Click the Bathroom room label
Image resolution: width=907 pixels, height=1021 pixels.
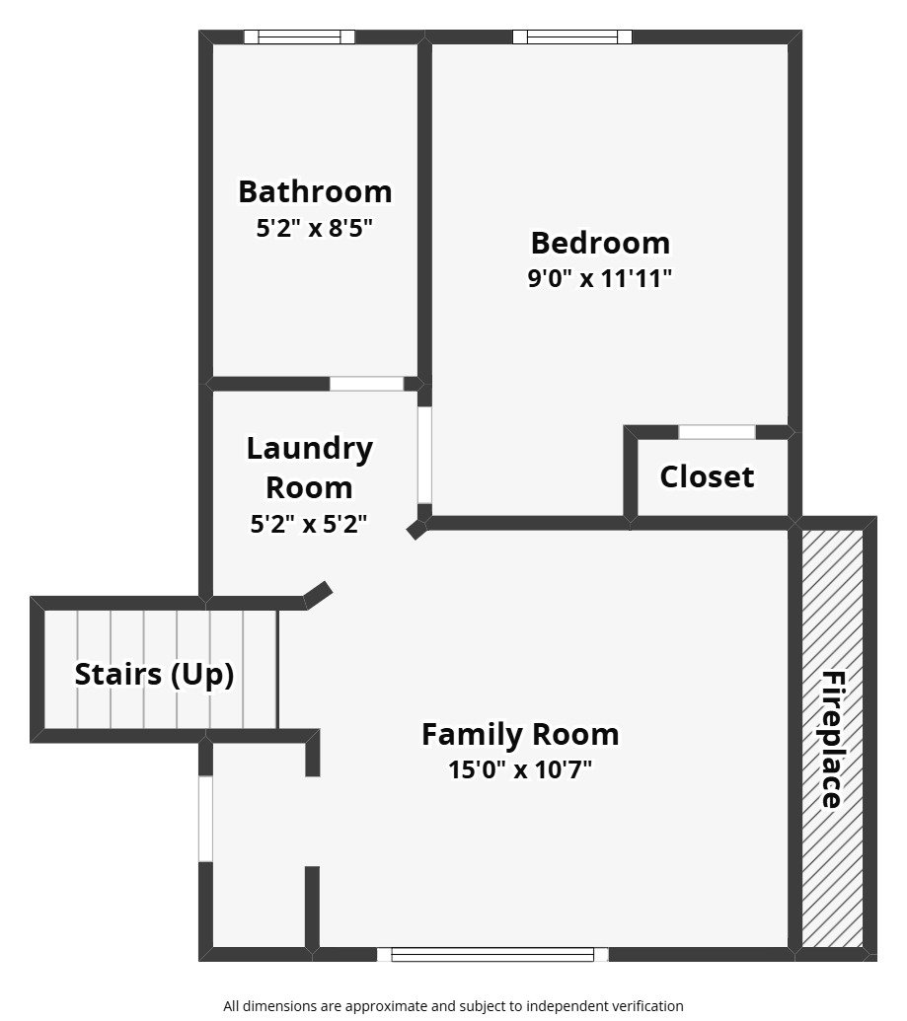pos(315,191)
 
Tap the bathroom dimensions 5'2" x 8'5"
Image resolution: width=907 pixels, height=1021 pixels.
pos(315,229)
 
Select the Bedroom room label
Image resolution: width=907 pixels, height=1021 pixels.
pos(600,243)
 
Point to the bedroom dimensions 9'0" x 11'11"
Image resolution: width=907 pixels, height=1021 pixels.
pos(600,279)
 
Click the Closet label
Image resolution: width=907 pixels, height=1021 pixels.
pos(707,477)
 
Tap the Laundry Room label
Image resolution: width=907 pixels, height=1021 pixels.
pos(309,468)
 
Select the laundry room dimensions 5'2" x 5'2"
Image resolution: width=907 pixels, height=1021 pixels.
pos(309,525)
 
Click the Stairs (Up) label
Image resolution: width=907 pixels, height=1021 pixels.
pos(155,676)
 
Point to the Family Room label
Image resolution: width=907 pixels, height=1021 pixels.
pos(520,735)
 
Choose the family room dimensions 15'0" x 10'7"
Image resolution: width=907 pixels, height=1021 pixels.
pos(520,770)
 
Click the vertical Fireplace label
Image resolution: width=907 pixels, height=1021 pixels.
pos(833,740)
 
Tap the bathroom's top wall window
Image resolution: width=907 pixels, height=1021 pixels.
pos(299,37)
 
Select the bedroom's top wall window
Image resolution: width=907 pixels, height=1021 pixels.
pos(572,37)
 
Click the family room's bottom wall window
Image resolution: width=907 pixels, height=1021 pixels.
pos(493,954)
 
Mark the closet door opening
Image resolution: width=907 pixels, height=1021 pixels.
pos(718,432)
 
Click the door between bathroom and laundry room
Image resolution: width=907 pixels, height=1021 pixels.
pos(367,384)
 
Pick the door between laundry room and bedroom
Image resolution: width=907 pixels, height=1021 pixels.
pos(424,455)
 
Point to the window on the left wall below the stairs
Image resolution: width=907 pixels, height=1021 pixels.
pos(205,819)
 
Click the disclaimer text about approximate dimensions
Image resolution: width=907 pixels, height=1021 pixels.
pos(453,1006)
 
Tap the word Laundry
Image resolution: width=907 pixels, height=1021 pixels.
pos(309,449)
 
